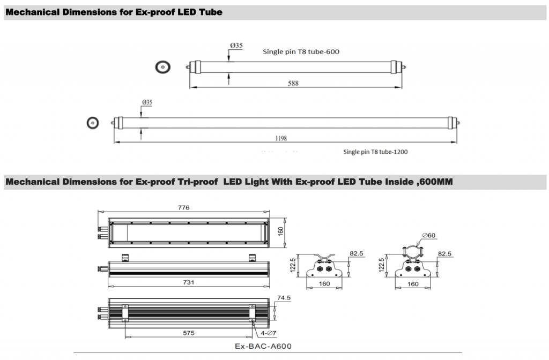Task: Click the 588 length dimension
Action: [x=293, y=83]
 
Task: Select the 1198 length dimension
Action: [x=281, y=139]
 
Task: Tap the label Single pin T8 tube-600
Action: [x=301, y=52]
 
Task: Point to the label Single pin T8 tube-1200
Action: [x=375, y=152]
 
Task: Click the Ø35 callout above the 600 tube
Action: [x=236, y=46]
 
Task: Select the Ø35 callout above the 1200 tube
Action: [x=147, y=102]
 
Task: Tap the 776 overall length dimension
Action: [x=183, y=207]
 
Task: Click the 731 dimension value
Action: [x=188, y=282]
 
